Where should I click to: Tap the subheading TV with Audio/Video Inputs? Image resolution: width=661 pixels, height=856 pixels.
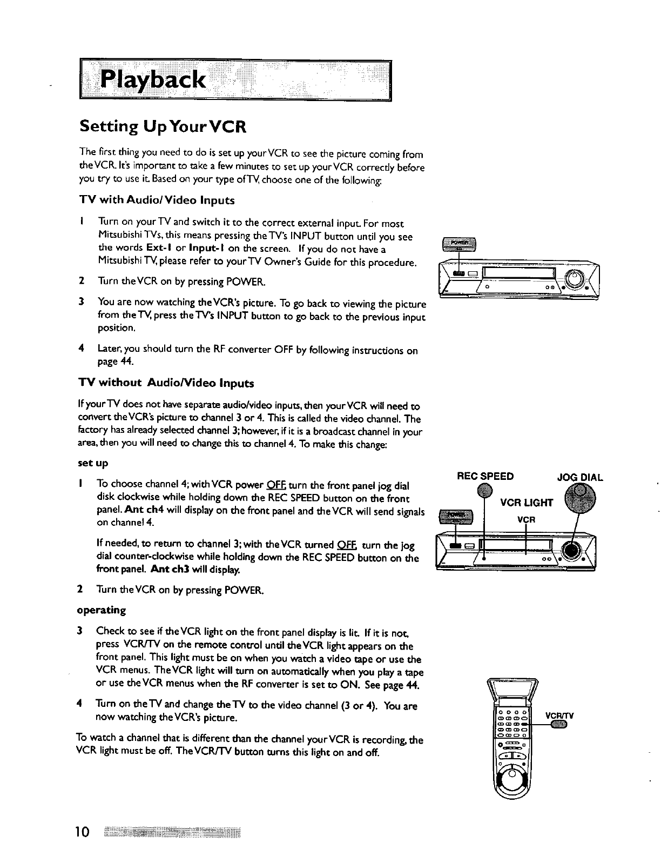click(157, 200)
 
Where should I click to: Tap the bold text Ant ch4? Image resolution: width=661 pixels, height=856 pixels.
click(143, 510)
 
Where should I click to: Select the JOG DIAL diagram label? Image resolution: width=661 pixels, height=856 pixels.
click(579, 478)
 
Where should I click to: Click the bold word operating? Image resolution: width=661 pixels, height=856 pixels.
click(102, 610)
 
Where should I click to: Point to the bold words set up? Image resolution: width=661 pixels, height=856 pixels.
click(93, 463)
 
